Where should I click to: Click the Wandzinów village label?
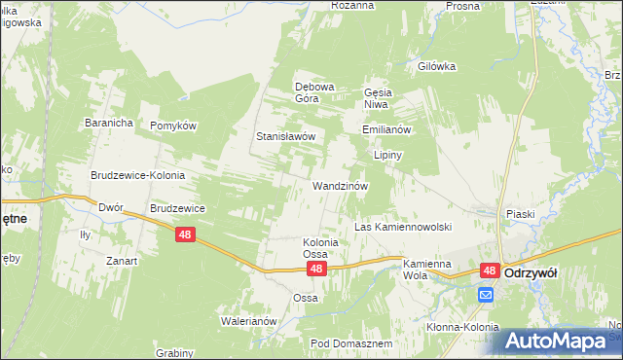click(x=339, y=185)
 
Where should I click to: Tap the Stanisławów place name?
click(x=285, y=136)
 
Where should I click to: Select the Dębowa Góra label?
click(x=314, y=91)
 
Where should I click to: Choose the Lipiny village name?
click(x=387, y=155)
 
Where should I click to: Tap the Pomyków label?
click(x=173, y=126)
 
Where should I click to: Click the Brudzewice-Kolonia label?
click(x=138, y=175)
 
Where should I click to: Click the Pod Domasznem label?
click(x=350, y=343)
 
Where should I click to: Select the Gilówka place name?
click(x=436, y=66)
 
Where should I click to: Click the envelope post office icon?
click(x=485, y=295)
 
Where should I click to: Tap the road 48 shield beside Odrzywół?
click(x=490, y=272)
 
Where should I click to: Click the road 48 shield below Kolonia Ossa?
click(x=314, y=266)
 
